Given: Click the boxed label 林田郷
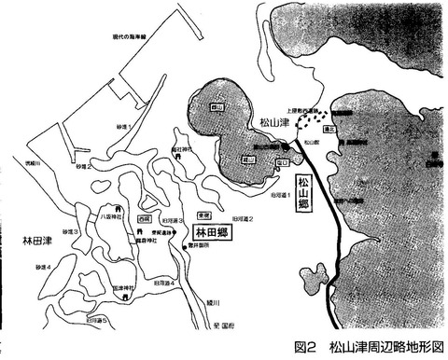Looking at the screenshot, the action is [x=214, y=228].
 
